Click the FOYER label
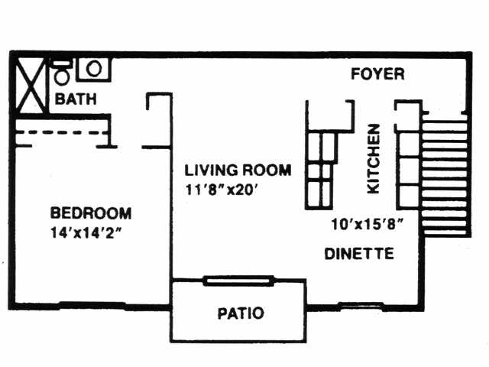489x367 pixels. click(377, 74)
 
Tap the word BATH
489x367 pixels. click(76, 99)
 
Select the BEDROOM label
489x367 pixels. click(91, 213)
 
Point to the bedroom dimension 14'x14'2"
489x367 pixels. click(86, 232)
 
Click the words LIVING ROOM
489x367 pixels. click(238, 170)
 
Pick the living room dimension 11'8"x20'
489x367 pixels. click(221, 190)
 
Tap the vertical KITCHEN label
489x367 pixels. click(374, 159)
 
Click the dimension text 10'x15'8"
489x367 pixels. click(368, 224)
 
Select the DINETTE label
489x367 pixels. click(359, 253)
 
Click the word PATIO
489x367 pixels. click(241, 313)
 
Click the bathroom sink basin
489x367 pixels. click(94, 69)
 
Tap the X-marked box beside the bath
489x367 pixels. click(31, 85)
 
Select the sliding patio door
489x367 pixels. click(238, 281)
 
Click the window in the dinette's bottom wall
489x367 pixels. click(361, 306)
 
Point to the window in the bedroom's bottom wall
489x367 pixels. click(92, 305)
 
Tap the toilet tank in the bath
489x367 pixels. click(62, 63)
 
